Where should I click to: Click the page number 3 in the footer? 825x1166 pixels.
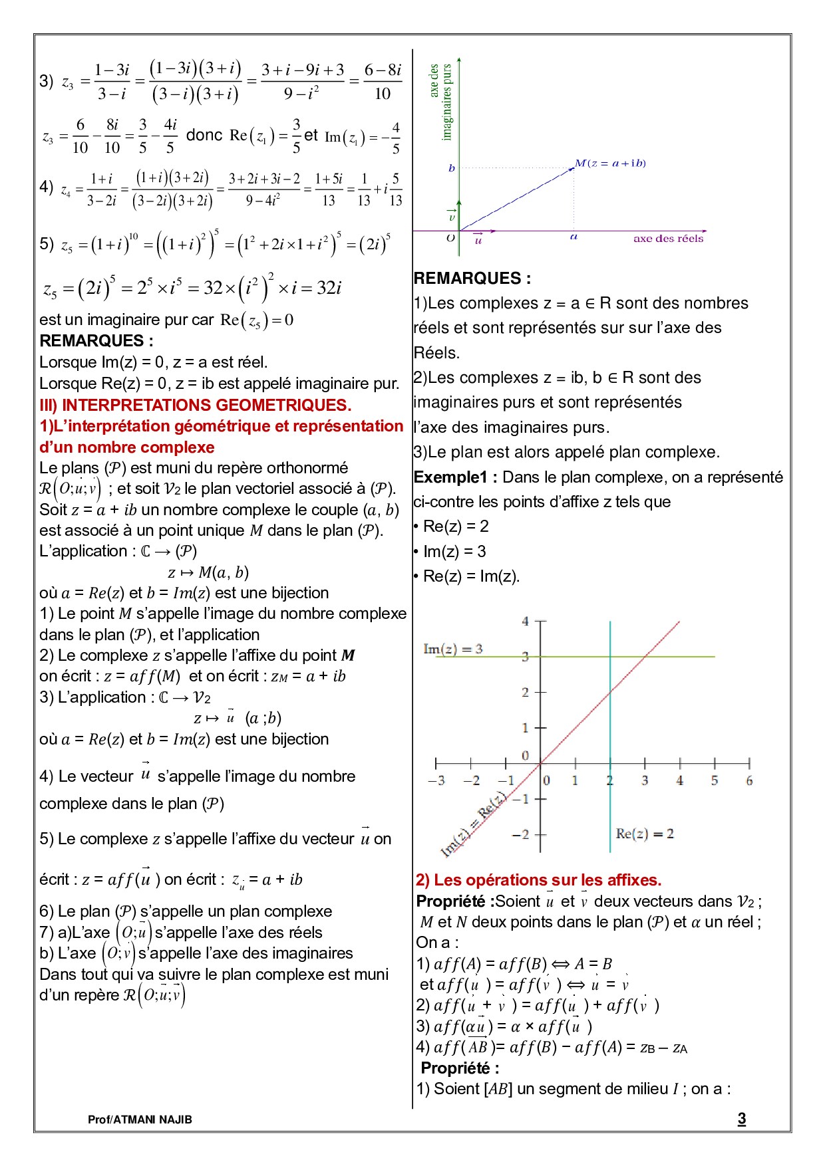pyautogui.click(x=741, y=1118)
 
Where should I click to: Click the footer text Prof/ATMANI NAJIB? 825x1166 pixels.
pyautogui.click(x=140, y=1119)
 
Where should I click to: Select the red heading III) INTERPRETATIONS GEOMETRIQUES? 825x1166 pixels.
pyautogui.click(x=195, y=405)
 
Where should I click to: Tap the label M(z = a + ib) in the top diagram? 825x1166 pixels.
pyautogui.click(x=610, y=163)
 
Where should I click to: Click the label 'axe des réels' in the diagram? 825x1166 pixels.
pyautogui.click(x=668, y=239)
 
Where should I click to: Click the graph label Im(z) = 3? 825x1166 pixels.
pyautogui.click(x=452, y=648)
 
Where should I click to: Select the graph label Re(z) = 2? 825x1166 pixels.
pyautogui.click(x=644, y=833)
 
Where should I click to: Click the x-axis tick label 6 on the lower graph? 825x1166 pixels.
pyautogui.click(x=749, y=780)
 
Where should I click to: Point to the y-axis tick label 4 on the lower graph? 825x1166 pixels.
pyautogui.click(x=525, y=621)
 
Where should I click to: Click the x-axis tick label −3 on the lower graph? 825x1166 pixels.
pyautogui.click(x=436, y=780)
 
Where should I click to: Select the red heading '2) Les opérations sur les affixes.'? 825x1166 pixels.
pyautogui.click(x=538, y=879)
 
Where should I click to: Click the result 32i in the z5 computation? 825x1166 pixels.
pyautogui.click(x=329, y=288)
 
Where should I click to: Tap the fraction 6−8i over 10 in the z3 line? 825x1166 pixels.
pyautogui.click(x=383, y=81)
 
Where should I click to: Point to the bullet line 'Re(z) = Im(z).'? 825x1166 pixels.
pyautogui.click(x=470, y=576)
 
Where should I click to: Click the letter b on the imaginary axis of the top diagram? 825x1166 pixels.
pyautogui.click(x=452, y=168)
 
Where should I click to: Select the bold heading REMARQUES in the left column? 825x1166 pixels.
pyautogui.click(x=96, y=340)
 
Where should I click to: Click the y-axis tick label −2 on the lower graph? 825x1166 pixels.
pyautogui.click(x=521, y=834)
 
